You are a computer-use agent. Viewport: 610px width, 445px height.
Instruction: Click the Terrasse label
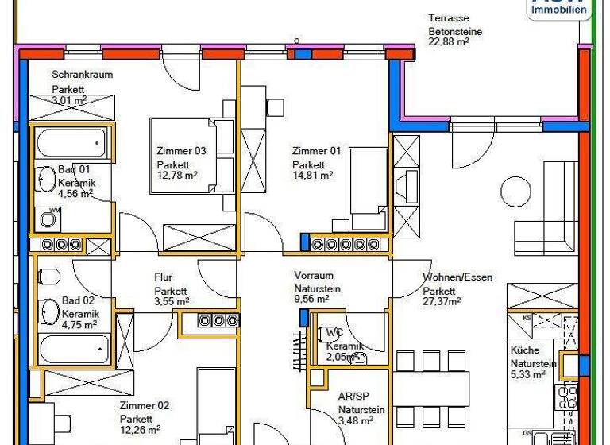point(449,17)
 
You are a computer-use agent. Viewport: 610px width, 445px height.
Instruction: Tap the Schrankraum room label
point(83,75)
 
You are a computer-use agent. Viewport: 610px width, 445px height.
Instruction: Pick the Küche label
point(525,350)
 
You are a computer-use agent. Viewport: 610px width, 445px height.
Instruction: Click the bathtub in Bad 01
point(70,143)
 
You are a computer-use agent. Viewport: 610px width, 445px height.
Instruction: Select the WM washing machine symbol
point(50,217)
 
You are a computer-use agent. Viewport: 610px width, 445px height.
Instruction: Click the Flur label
point(164,277)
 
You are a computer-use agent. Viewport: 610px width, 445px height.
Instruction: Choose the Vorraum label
point(313,276)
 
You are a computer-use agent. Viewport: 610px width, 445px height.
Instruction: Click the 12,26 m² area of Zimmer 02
point(140,430)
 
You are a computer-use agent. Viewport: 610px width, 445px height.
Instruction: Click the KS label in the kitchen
point(527,319)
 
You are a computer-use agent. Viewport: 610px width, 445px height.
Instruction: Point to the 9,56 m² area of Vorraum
point(311,300)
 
